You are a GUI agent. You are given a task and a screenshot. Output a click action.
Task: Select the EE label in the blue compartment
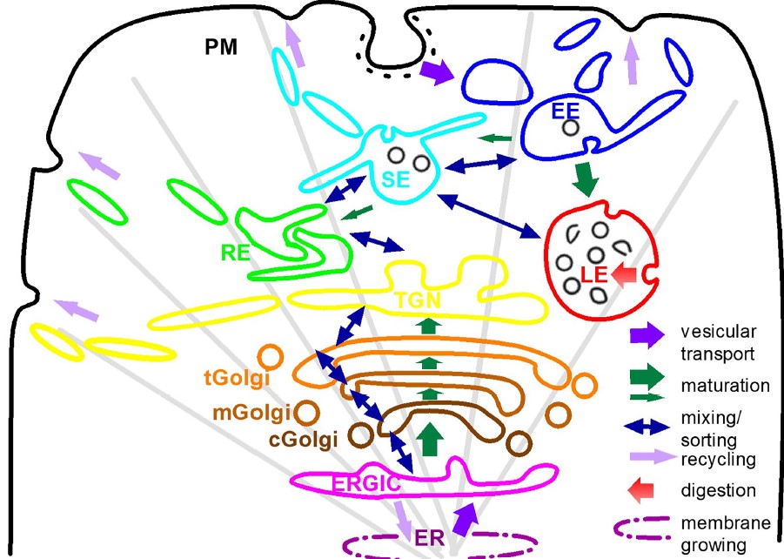pos(566,111)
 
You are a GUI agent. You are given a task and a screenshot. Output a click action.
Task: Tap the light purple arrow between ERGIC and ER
pos(403,519)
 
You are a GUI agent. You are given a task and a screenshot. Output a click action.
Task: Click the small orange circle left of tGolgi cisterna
pos(270,358)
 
